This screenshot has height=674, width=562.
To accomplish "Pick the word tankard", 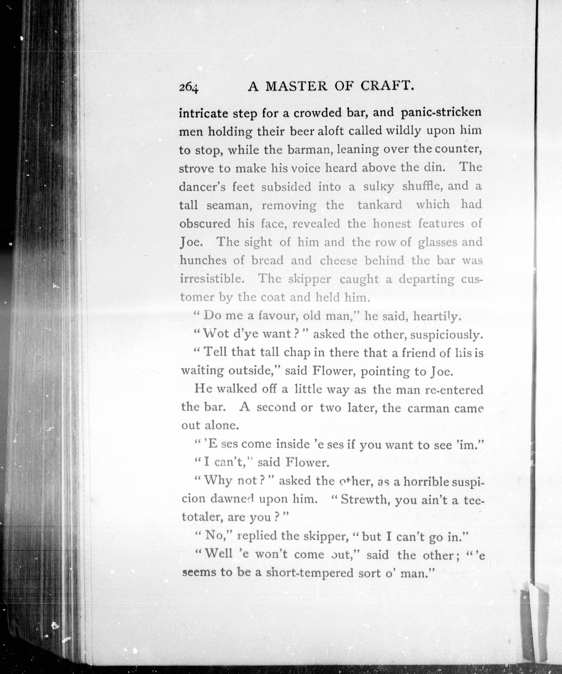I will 380,204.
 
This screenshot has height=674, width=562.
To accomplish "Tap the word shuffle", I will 421,186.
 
